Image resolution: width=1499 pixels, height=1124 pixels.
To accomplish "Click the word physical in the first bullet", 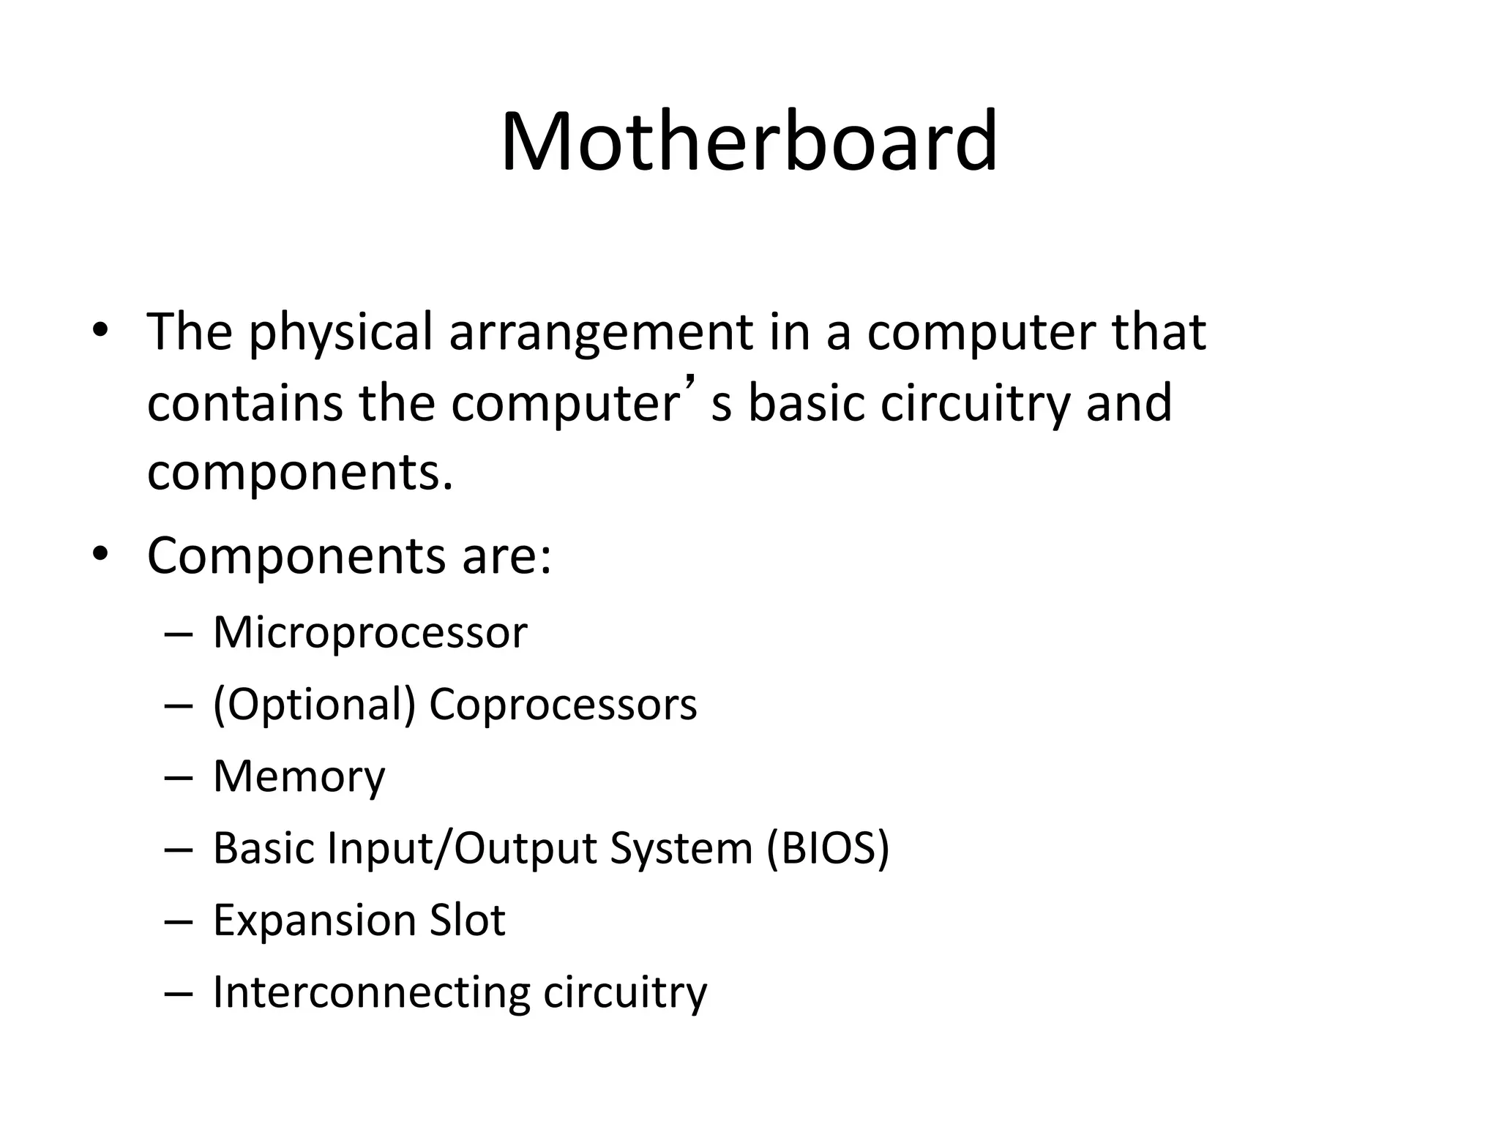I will pyautogui.click(x=341, y=333).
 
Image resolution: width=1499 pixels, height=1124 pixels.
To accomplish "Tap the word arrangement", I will pyautogui.click(x=600, y=333).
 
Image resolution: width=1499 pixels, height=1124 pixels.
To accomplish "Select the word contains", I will pyautogui.click(x=244, y=403).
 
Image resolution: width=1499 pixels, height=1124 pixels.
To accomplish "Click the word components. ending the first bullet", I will pyautogui.click(x=300, y=473).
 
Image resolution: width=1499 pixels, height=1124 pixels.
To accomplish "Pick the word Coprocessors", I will pyautogui.click(x=563, y=705).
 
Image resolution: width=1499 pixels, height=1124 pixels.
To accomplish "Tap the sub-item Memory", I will pyautogui.click(x=299, y=776).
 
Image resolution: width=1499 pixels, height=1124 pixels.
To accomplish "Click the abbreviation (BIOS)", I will pyautogui.click(x=828, y=848).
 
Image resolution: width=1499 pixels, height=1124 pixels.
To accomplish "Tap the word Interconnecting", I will pyautogui.click(x=370, y=992).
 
